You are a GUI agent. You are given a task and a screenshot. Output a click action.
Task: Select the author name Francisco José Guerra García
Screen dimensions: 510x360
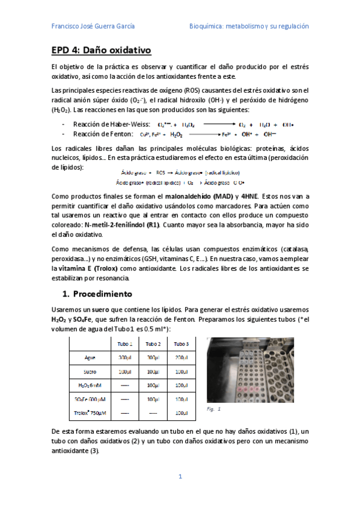[x=93, y=26]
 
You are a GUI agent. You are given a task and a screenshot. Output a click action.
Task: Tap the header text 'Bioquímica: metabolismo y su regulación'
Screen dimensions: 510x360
[x=249, y=26]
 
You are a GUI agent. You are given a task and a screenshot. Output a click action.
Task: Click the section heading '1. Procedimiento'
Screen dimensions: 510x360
[x=97, y=294]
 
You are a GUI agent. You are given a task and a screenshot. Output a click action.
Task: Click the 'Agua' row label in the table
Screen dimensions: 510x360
[x=90, y=358]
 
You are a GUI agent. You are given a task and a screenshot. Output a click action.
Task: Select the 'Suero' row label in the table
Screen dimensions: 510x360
[x=90, y=372]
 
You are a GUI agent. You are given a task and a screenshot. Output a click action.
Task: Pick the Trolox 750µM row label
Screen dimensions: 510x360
[x=90, y=413]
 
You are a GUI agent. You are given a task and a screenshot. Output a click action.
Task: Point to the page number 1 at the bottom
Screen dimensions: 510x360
[x=180, y=477]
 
